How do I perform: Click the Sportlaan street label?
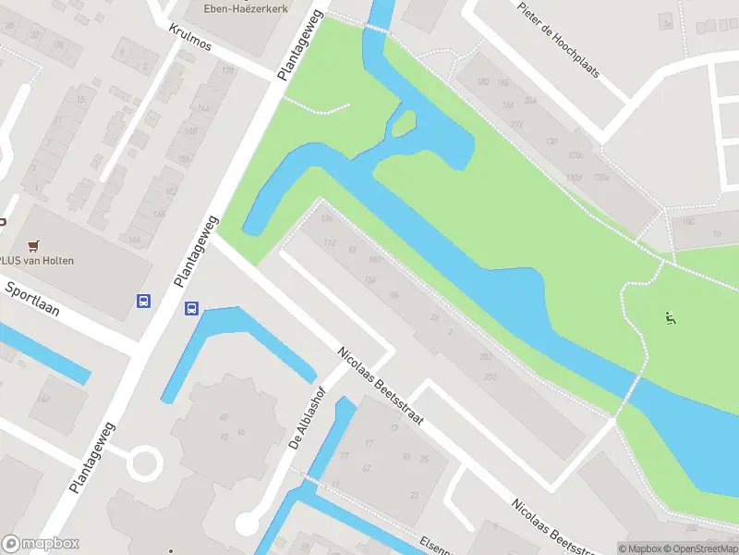point(32,299)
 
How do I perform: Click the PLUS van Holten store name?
point(37,261)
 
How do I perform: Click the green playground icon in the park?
point(671,320)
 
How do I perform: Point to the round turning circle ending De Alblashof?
point(247,524)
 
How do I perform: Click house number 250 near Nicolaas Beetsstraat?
point(491,376)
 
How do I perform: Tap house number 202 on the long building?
point(485,356)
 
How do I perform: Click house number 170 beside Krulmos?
point(227,71)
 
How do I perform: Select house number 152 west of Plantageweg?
point(171,191)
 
